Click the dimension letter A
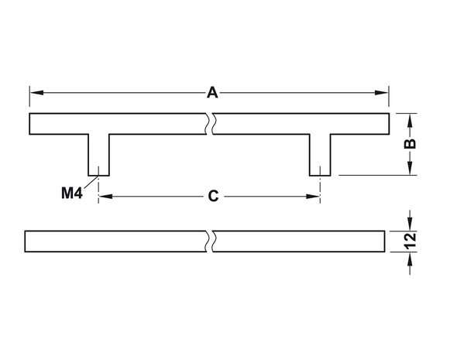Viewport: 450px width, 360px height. pos(212,93)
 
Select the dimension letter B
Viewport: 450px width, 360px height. pos(410,144)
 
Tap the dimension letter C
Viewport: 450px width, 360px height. pos(213,197)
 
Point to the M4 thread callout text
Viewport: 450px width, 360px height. pos(72,193)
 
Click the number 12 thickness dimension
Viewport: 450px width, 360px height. pos(410,241)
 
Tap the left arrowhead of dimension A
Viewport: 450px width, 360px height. pos(36,93)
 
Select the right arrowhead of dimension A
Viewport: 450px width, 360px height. pos(381,93)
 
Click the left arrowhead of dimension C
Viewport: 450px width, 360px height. pos(105,197)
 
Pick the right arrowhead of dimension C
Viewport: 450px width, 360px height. pos(313,197)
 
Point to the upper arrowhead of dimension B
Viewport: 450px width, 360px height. pos(410,121)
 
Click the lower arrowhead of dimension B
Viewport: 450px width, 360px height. pos(410,168)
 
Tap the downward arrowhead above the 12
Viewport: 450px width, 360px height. pos(410,224)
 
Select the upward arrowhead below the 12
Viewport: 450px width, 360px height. pos(410,259)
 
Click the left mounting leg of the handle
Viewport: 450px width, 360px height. pos(98,155)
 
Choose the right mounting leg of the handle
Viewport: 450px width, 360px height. pos(320,155)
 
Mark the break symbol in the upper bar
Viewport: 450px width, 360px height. pos(209,124)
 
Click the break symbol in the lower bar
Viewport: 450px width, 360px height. pos(209,242)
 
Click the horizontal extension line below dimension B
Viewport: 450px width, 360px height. pos(377,175)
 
